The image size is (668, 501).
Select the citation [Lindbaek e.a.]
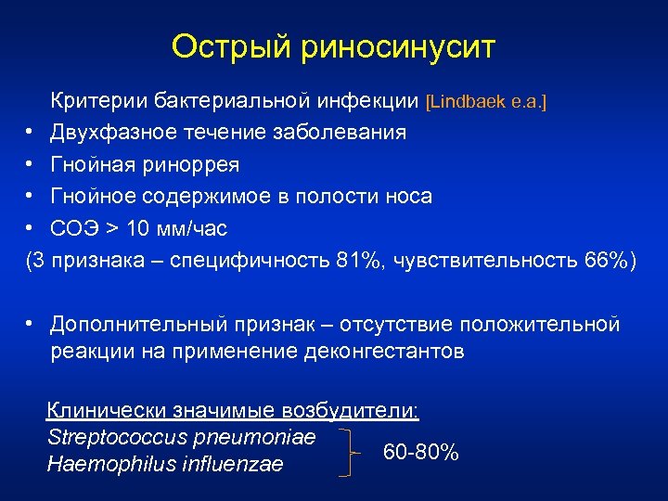[485, 100]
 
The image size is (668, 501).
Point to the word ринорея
[191, 164]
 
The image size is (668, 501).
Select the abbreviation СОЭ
[72, 228]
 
